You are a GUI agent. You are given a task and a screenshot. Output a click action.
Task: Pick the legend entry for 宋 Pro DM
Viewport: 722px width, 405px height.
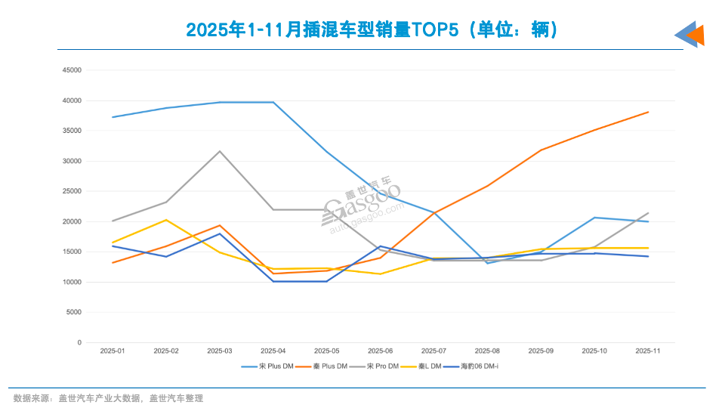(x=383, y=366)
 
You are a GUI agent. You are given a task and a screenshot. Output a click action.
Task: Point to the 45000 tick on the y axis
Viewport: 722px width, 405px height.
(x=72, y=70)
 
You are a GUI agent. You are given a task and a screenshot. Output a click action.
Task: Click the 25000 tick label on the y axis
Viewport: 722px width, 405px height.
(x=72, y=191)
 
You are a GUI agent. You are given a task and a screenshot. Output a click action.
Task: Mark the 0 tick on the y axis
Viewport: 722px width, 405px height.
(x=79, y=342)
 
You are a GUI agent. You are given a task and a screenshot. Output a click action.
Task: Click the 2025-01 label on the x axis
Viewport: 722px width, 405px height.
(x=113, y=351)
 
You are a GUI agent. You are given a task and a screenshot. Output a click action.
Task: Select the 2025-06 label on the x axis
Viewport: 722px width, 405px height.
(x=380, y=351)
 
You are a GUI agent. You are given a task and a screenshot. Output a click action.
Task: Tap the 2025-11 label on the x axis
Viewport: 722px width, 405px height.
(x=648, y=351)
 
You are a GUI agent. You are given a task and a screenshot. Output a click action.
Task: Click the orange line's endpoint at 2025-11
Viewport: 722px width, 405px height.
(x=648, y=112)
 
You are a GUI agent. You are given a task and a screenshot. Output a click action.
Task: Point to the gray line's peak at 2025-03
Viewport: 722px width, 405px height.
(x=220, y=151)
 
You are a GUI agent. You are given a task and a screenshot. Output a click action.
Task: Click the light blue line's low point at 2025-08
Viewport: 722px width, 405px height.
(x=487, y=263)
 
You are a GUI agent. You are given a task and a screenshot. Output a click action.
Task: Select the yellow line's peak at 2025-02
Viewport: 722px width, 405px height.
(x=166, y=220)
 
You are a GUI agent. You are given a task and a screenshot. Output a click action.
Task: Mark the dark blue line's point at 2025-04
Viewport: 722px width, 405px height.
(x=273, y=281)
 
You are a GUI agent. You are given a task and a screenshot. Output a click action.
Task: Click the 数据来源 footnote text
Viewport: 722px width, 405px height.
(x=108, y=397)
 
